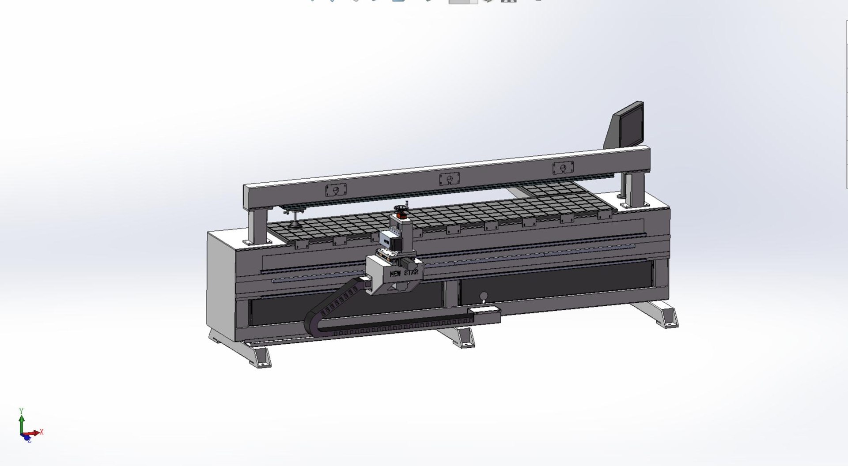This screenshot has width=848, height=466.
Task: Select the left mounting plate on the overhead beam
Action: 336,190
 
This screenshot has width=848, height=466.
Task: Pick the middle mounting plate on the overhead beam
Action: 449,179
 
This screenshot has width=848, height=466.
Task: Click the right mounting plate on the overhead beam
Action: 563,168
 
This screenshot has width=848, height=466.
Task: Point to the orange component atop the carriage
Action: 401,215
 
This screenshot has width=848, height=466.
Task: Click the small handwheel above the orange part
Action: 401,208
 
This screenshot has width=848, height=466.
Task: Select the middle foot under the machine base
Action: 461,338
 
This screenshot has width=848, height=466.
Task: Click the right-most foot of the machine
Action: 664,316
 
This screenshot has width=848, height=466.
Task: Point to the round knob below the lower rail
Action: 484,296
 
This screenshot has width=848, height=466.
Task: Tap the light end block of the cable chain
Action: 484,316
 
